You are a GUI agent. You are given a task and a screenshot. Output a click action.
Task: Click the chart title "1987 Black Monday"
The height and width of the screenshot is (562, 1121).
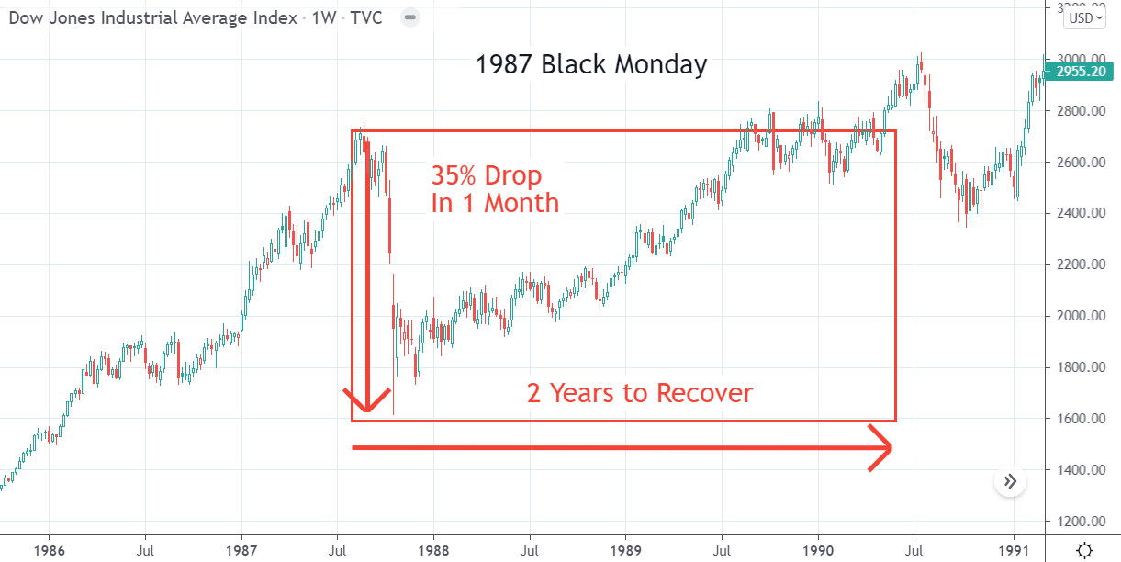click(591, 65)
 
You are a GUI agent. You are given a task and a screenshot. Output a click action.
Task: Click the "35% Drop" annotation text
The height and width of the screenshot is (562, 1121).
click(487, 175)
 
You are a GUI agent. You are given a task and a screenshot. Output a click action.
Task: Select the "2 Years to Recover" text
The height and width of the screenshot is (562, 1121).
click(640, 393)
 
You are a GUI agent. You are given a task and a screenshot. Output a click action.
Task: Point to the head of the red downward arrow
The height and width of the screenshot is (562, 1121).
click(367, 404)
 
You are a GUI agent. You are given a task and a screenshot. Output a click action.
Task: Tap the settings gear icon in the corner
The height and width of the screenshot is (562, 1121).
click(1084, 550)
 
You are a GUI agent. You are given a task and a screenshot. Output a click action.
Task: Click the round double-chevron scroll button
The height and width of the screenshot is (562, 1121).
click(1010, 481)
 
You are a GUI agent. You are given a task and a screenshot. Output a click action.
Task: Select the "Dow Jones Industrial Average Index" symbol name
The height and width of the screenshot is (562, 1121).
click(153, 17)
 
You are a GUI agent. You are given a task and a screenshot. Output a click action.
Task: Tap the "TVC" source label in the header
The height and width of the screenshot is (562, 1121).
click(372, 17)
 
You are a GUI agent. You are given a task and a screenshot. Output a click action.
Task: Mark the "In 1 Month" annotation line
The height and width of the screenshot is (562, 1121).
click(495, 203)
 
